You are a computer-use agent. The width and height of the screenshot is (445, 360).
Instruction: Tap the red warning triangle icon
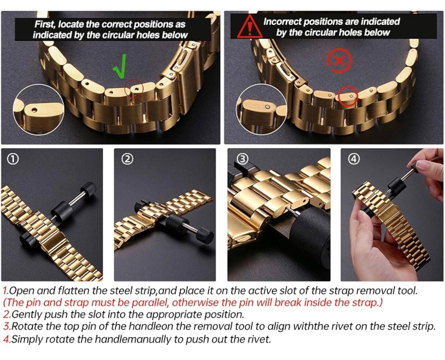tap(249, 27)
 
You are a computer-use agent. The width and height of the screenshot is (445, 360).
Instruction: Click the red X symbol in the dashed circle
tap(339, 61)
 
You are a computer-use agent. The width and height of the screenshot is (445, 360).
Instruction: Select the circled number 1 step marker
tap(13, 159)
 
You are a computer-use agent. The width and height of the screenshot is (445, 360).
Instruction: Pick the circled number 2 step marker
tap(127, 159)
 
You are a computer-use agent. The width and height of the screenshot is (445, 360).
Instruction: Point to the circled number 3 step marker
tap(242, 159)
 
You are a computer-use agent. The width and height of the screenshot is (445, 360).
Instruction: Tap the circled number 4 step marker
tap(354, 159)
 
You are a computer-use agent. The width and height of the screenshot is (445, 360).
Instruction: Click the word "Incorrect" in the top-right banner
tap(282, 22)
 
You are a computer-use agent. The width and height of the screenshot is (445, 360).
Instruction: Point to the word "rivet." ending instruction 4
tap(259, 339)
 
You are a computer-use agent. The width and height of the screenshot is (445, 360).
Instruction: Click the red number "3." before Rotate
tap(7, 326)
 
